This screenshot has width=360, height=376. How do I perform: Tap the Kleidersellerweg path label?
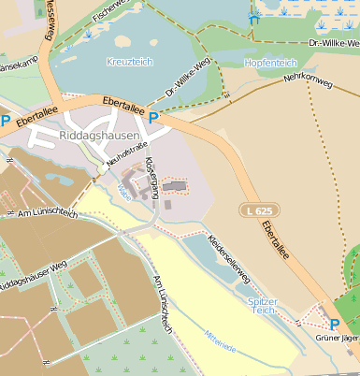pos(229,258)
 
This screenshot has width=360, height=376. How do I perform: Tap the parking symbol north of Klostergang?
pos(153,117)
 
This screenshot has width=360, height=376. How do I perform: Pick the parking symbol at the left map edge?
pos(6,120)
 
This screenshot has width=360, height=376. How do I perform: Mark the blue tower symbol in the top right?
pos(252,16)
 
